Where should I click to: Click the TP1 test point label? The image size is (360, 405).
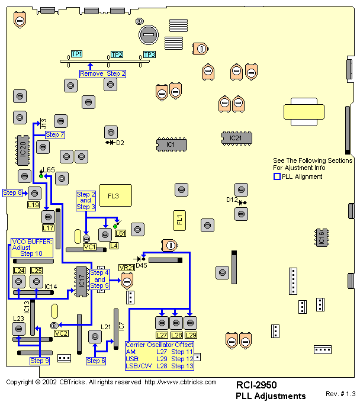point(77,54)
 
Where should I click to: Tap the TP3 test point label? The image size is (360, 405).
point(149,54)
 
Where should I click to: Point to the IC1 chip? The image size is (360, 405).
point(172,144)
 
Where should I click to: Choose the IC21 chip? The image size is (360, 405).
point(236,138)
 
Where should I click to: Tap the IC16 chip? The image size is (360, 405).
point(322,237)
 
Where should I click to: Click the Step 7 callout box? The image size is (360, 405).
point(55,135)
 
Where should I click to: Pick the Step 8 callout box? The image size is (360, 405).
point(12,192)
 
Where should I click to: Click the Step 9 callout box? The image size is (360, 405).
point(40,361)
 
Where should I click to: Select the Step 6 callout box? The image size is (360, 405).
point(95,361)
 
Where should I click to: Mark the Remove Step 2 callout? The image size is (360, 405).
point(103,73)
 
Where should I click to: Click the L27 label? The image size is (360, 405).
point(162,335)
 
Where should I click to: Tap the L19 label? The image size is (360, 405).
point(34,205)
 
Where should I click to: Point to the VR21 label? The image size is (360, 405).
point(127,268)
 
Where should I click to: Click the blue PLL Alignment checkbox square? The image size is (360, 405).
point(277,176)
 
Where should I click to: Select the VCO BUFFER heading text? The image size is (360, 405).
point(32,242)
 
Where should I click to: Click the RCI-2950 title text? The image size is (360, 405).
point(256,385)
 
